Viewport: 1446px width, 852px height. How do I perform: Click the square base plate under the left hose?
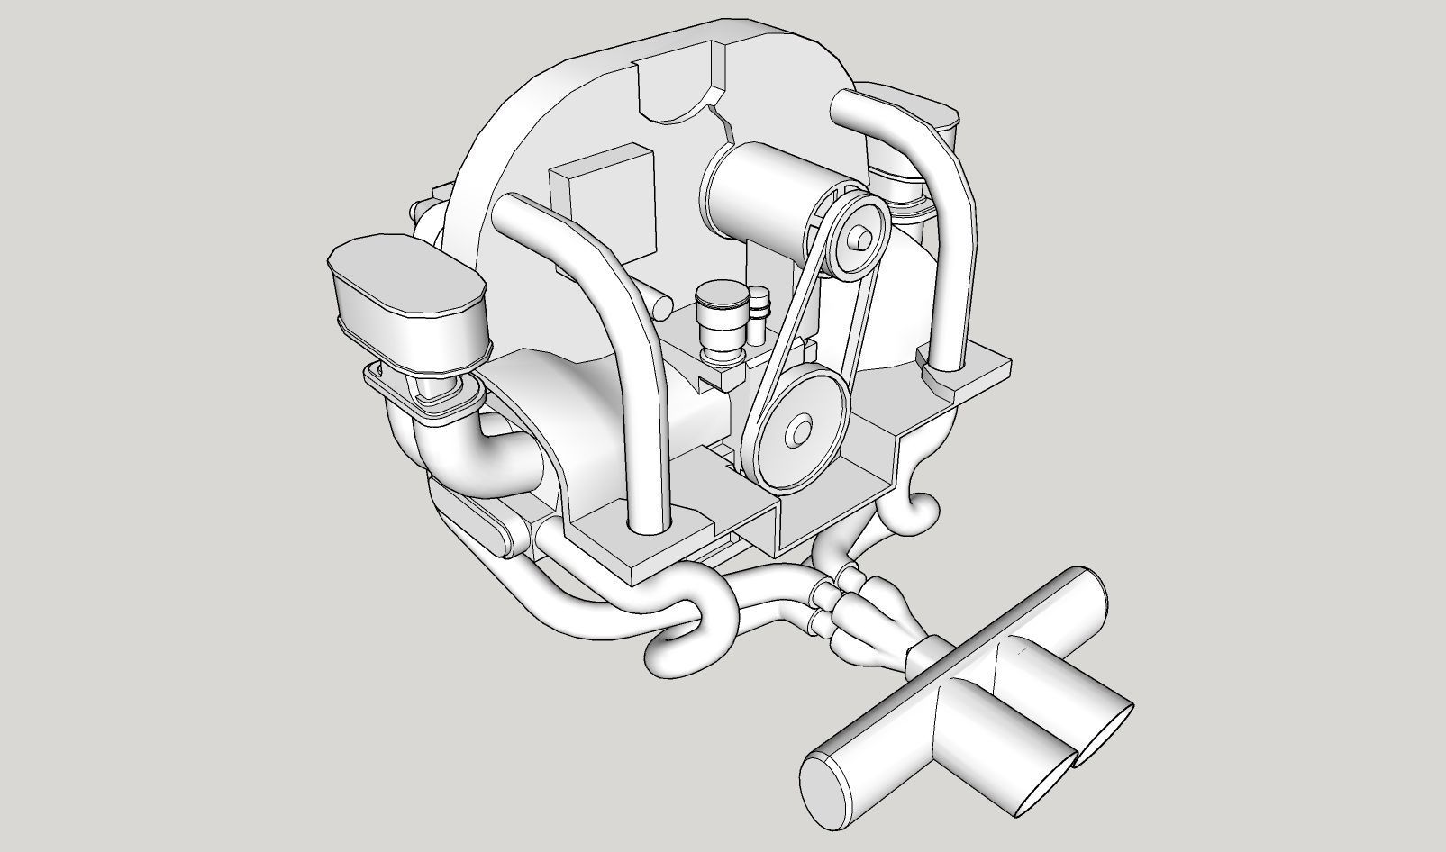[640, 540]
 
